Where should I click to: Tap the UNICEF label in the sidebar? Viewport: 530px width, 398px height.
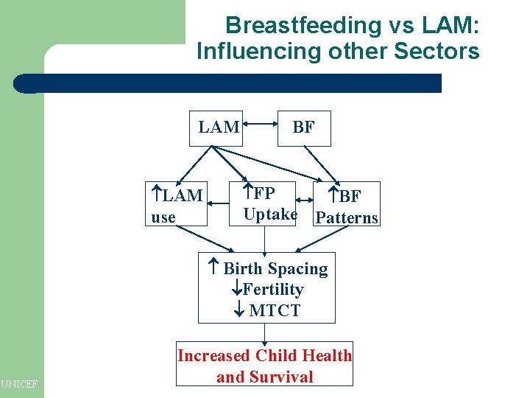20,383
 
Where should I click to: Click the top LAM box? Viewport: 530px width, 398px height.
218,128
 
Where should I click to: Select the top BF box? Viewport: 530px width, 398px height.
303,128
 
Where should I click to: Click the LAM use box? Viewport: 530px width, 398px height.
177,205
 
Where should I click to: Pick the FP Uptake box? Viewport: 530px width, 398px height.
270,203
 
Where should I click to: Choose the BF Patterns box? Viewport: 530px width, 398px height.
347,206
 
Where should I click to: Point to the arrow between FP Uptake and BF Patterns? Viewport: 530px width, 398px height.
307,200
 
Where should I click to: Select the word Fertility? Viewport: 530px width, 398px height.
272,290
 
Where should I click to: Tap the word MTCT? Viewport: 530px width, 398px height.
275,310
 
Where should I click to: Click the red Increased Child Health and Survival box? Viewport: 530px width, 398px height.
264,365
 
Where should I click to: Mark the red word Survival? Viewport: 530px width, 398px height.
285,377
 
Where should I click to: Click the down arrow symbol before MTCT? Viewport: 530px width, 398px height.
239,310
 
